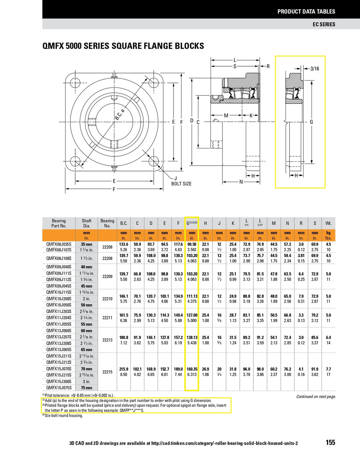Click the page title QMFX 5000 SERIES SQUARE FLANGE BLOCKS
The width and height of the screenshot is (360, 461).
pyautogui.click(x=123, y=46)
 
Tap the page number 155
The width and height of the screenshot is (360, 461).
pyautogui.click(x=330, y=443)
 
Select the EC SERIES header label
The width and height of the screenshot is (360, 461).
pyautogui.click(x=323, y=24)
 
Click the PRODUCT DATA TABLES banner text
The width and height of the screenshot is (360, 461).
pyautogui.click(x=306, y=12)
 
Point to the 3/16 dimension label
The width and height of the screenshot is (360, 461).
pyautogui.click(x=315, y=68)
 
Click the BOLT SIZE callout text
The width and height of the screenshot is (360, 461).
pyautogui.click(x=181, y=184)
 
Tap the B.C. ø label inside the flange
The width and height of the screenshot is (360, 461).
pyautogui.click(x=120, y=115)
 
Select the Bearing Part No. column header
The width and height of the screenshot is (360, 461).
pyautogui.click(x=59, y=223)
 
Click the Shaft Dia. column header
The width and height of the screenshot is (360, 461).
pyautogui.click(x=86, y=223)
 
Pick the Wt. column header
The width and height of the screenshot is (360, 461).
pyautogui.click(x=328, y=223)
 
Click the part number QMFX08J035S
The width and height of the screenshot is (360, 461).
pyautogui.click(x=59, y=244)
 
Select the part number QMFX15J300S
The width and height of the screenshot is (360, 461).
pyautogui.click(x=59, y=381)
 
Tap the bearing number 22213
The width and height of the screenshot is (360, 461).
pyautogui.click(x=107, y=340)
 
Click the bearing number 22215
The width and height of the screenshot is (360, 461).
pyautogui.click(x=107, y=372)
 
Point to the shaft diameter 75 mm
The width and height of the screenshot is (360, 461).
pyautogui.click(x=86, y=388)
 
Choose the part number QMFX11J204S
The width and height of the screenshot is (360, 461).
pyautogui.click(x=59, y=318)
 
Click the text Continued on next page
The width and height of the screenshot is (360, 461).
pyautogui.click(x=316, y=397)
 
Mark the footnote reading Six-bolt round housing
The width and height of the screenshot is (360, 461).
pyautogui.click(x=63, y=416)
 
